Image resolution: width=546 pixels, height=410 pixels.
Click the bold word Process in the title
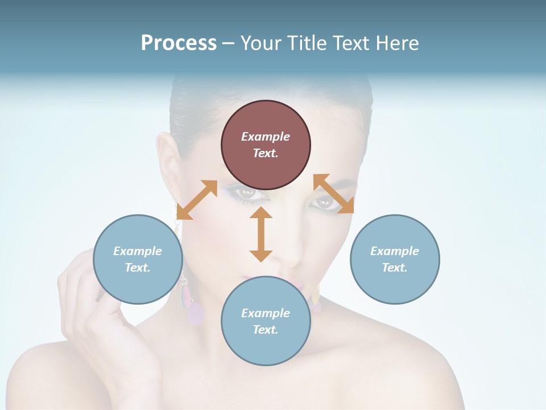click(x=179, y=43)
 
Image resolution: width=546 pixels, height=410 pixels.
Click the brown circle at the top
click(x=266, y=145)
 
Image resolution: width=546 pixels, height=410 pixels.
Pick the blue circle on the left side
click(x=138, y=259)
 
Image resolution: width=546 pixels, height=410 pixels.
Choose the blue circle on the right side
click(x=395, y=259)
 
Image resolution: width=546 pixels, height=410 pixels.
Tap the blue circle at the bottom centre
click(x=266, y=321)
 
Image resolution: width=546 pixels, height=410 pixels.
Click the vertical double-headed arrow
click(x=261, y=234)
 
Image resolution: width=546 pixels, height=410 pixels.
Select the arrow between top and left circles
click(x=197, y=199)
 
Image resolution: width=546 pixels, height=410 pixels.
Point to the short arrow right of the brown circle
click(x=333, y=194)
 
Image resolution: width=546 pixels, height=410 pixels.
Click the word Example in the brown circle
click(x=266, y=137)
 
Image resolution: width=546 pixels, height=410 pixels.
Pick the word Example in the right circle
click(x=395, y=251)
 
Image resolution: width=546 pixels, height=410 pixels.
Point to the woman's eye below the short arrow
click(x=325, y=202)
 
